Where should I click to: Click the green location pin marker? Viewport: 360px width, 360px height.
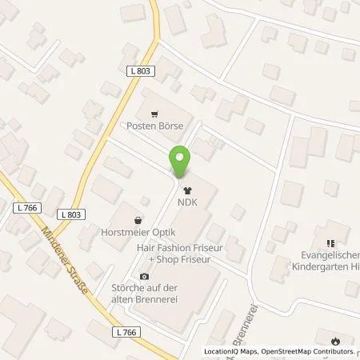(x=180, y=162)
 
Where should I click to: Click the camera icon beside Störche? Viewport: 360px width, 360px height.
(x=144, y=276)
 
